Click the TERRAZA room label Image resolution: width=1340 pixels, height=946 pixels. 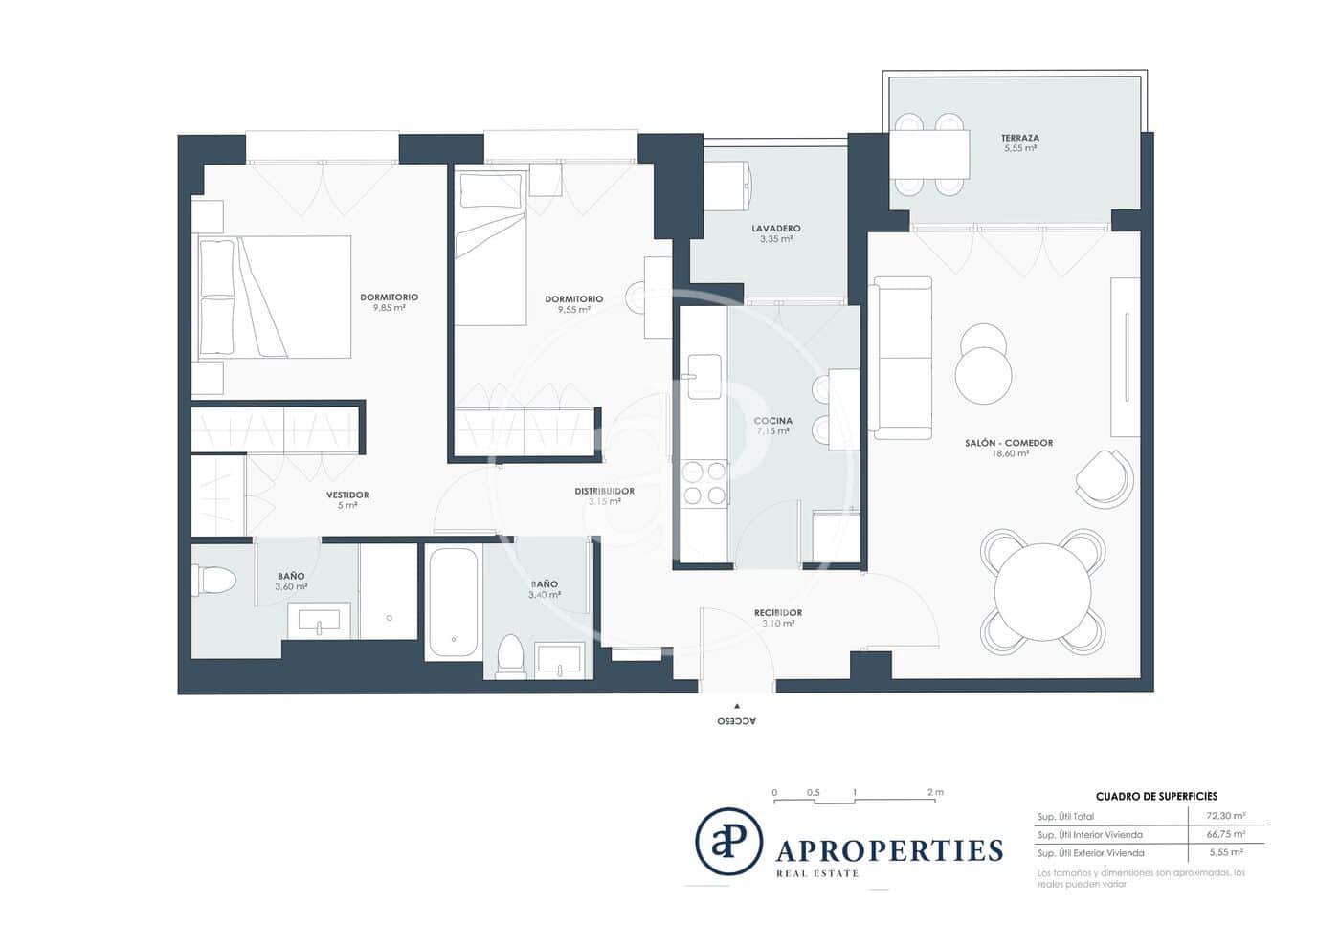(1020, 138)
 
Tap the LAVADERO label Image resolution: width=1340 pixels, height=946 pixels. (775, 229)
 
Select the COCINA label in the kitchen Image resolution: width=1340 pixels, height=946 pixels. (772, 421)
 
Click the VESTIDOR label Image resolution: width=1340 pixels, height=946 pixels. (346, 495)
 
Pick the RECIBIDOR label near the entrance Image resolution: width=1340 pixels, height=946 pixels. (777, 612)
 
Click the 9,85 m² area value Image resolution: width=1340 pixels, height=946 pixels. (389, 308)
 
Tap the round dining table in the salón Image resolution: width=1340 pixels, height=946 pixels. (1042, 591)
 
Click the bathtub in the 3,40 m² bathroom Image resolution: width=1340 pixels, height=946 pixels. (453, 603)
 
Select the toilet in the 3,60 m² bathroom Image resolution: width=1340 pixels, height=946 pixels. (215, 581)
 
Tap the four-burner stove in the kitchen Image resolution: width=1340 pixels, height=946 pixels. (703, 482)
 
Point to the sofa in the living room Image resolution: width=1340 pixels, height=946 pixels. (902, 358)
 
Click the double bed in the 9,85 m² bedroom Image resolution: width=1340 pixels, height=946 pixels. (274, 297)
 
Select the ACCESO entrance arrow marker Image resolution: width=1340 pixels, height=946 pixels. (736, 706)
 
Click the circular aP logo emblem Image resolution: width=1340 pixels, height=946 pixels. (728, 842)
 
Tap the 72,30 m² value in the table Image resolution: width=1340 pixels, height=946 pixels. (1225, 817)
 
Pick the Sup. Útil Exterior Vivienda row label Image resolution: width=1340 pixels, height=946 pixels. (1090, 853)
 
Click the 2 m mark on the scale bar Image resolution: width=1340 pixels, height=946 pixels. (935, 793)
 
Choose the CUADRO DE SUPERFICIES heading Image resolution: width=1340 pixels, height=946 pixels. (1156, 796)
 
